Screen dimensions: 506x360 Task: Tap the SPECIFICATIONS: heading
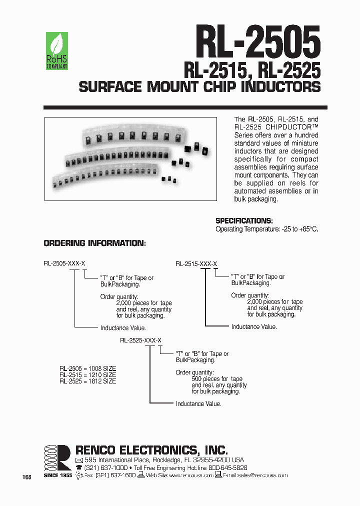coord(244,220)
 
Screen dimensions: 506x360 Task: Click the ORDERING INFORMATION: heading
coord(94,243)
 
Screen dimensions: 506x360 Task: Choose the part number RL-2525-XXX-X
coord(140,340)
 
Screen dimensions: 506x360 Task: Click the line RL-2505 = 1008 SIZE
coord(87,368)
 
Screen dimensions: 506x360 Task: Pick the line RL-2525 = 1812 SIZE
coord(87,381)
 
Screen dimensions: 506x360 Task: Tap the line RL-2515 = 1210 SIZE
coord(87,374)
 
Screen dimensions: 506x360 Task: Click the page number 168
coord(27,477)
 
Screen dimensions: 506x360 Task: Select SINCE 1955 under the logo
coord(57,475)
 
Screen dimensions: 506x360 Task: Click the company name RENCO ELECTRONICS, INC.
coord(151,449)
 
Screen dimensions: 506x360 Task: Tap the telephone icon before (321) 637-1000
coord(79,467)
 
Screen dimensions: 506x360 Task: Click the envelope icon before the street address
coord(79,460)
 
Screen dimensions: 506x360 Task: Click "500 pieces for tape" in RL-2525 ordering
coord(217,379)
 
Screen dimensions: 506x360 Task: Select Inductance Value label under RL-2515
coord(254,326)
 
